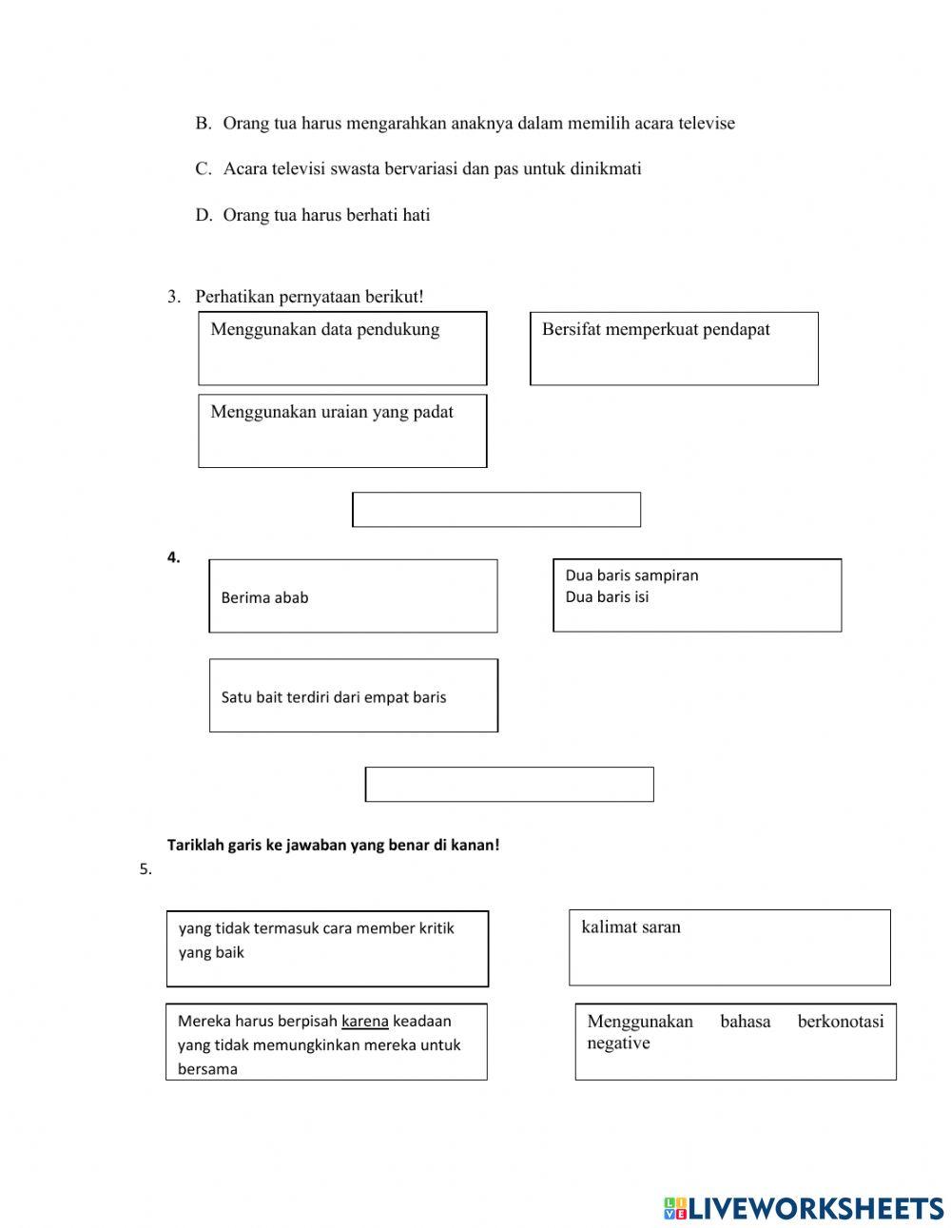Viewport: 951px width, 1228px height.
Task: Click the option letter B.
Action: [203, 123]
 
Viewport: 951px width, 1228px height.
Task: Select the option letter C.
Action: [203, 168]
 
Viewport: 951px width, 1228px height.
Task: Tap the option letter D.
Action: [203, 215]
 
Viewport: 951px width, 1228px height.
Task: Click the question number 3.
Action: [173, 297]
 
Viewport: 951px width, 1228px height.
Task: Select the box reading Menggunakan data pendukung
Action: [342, 348]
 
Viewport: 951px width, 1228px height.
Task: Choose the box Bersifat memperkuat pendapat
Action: [673, 348]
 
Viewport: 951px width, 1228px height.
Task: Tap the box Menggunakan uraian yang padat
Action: [342, 431]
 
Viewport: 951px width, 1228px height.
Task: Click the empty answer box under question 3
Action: [496, 509]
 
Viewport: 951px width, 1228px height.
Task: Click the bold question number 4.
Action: [173, 558]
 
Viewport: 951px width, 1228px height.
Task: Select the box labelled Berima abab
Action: [353, 596]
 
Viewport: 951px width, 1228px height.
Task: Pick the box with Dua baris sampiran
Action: [697, 595]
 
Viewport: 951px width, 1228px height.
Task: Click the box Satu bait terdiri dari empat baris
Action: [353, 695]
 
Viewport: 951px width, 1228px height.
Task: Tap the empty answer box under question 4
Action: [509, 784]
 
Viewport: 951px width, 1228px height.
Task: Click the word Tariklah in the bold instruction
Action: [195, 845]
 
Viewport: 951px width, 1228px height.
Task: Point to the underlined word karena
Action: [364, 1022]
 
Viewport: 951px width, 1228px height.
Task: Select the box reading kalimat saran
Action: [729, 947]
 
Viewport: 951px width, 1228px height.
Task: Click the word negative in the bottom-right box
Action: [618, 1043]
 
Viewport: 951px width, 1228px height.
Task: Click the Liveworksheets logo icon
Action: [675, 1208]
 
